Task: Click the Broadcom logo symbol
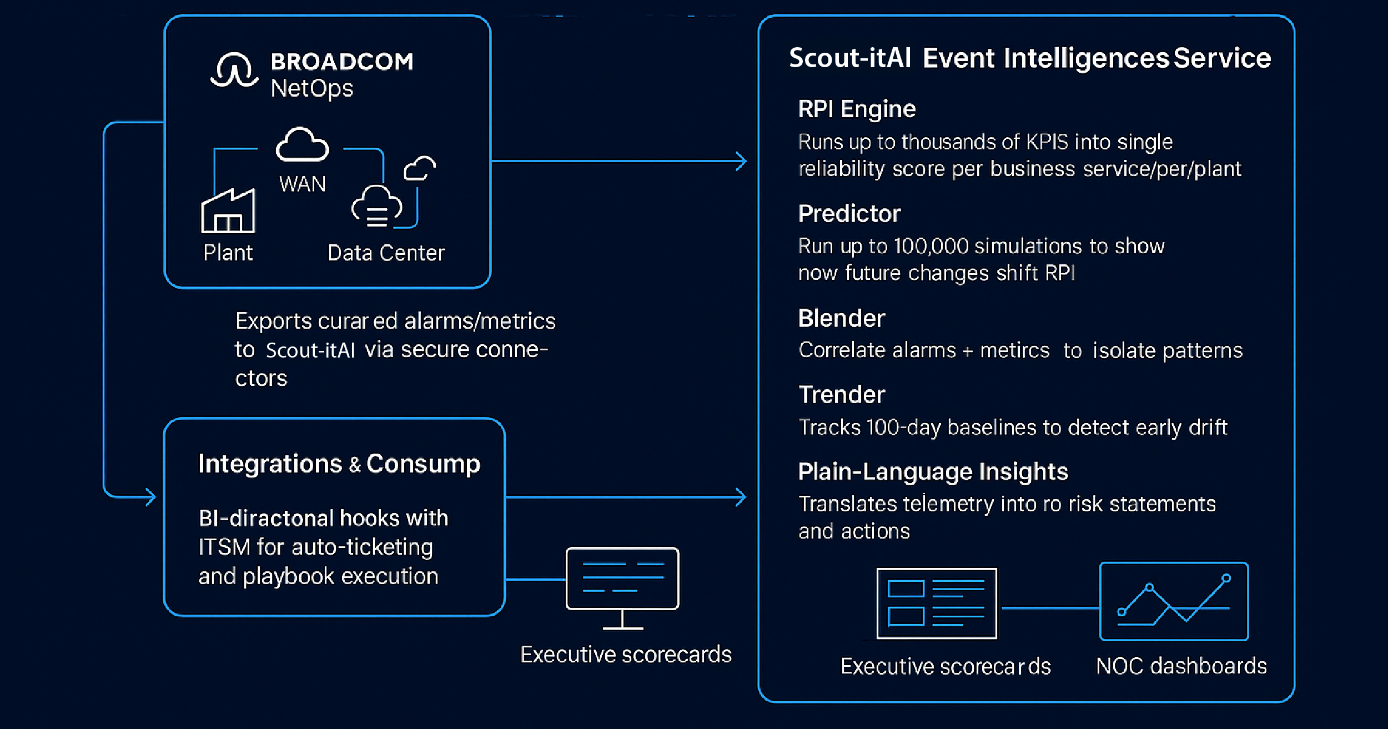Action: click(x=234, y=71)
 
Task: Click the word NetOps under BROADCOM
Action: click(x=311, y=88)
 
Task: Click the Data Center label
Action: click(x=386, y=253)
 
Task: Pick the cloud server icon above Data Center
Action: click(x=376, y=207)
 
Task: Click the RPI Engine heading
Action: click(x=856, y=109)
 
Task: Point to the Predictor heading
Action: click(x=849, y=214)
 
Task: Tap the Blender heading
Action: click(x=841, y=319)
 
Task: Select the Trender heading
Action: click(x=841, y=395)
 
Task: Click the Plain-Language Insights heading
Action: click(x=933, y=472)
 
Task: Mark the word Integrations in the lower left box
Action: click(x=270, y=464)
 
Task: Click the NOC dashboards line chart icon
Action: click(x=1174, y=601)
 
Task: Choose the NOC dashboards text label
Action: click(x=1181, y=666)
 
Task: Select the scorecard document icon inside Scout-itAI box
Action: click(x=936, y=604)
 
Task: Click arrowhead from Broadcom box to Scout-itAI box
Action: click(x=741, y=162)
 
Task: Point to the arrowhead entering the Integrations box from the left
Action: click(x=150, y=497)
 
